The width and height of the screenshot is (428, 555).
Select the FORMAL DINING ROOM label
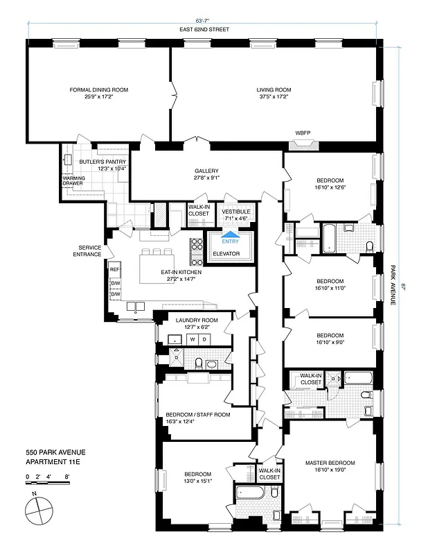pos(99,89)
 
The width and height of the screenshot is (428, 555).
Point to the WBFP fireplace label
pos(303,133)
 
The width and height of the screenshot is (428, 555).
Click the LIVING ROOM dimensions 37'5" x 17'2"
pos(274,96)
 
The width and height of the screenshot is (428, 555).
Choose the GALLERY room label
pos(206,171)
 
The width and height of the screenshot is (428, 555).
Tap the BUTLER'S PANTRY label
pos(102,161)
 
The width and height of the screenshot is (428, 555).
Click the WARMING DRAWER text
pos(73,180)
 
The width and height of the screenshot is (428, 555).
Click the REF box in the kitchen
pos(115,269)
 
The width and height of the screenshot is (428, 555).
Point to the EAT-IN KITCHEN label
pos(181,273)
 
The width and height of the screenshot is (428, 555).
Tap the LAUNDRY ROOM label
pos(195,320)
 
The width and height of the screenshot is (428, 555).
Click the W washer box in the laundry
pos(192,339)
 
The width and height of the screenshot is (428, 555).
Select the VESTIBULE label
pos(235,211)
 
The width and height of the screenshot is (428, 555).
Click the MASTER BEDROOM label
pos(330,463)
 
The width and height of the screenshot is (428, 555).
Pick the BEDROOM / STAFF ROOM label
pos(197,414)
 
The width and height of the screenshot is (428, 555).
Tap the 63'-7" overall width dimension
pos(204,22)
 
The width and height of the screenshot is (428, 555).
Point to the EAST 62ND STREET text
pos(204,30)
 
